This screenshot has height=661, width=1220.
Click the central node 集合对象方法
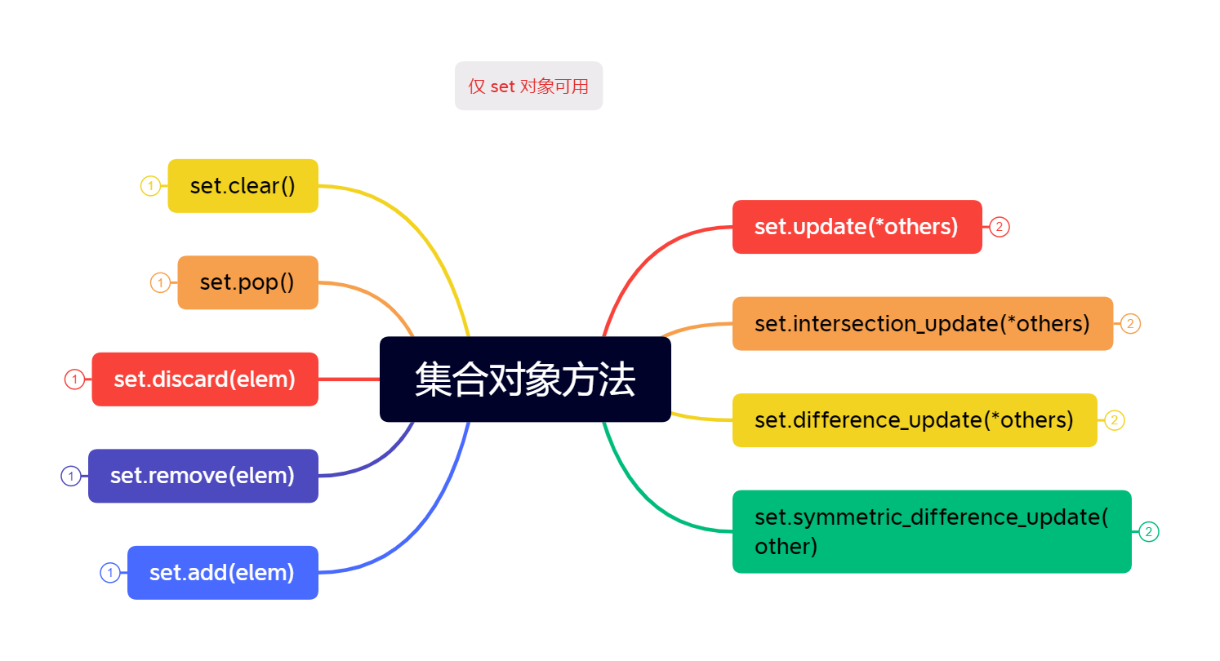click(x=525, y=379)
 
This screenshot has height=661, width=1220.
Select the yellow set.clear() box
click(x=243, y=186)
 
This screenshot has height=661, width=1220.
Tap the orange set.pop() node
click(x=247, y=282)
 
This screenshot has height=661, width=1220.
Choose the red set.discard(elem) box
click(x=204, y=379)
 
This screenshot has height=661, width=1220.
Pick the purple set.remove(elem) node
click(x=203, y=476)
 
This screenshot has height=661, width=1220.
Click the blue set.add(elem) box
click(x=222, y=573)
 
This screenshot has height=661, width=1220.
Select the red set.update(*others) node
click(x=857, y=227)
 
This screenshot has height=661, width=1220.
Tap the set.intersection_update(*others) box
click(x=922, y=324)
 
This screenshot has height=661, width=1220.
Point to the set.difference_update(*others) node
click(x=914, y=420)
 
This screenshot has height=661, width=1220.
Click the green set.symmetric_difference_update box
click(x=931, y=532)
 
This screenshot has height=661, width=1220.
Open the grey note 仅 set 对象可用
click(x=528, y=86)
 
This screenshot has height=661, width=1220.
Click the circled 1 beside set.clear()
click(x=150, y=186)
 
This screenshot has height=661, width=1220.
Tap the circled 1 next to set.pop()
click(x=160, y=283)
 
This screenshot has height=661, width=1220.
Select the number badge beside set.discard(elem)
click(x=74, y=379)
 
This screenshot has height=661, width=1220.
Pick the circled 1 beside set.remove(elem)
click(x=71, y=476)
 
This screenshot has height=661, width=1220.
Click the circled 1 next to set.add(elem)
click(x=110, y=573)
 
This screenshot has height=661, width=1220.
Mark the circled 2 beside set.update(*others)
click(x=1000, y=227)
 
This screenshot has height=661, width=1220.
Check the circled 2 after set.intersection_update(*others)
click(x=1130, y=324)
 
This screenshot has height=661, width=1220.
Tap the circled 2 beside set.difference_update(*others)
click(x=1115, y=420)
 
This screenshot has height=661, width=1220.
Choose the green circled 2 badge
click(x=1149, y=532)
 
